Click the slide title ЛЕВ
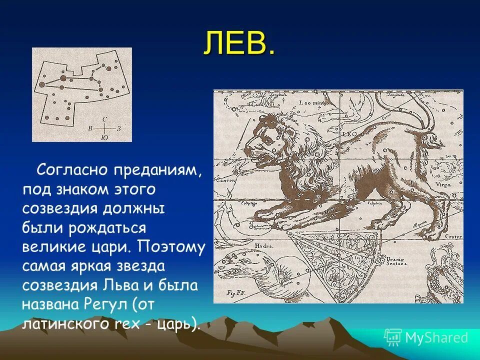click(239, 43)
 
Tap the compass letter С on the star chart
click(104, 119)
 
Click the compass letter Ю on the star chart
click(103, 137)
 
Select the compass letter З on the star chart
click(119, 128)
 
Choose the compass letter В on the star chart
click(90, 128)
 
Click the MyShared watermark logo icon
click(393, 337)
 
